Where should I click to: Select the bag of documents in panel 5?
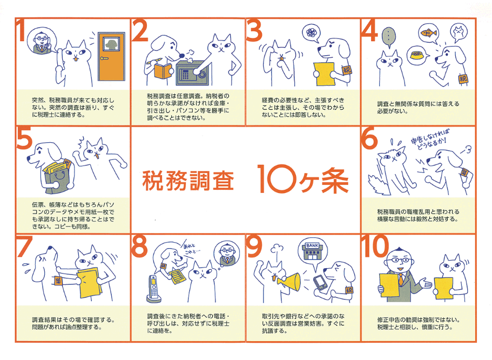56,173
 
